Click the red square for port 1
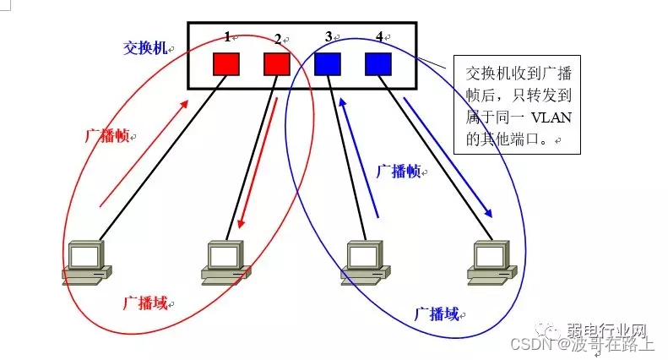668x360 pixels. [226, 63]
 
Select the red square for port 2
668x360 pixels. [277, 63]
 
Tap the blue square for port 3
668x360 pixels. [328, 63]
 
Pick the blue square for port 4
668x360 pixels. [378, 63]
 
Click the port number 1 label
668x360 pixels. [227, 37]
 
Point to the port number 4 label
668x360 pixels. [379, 36]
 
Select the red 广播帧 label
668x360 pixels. [106, 136]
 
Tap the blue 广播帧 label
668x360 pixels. [398, 171]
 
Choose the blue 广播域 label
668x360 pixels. [437, 314]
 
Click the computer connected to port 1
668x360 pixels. [86, 260]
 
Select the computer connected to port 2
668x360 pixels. [225, 260]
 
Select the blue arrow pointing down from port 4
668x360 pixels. [448, 157]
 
